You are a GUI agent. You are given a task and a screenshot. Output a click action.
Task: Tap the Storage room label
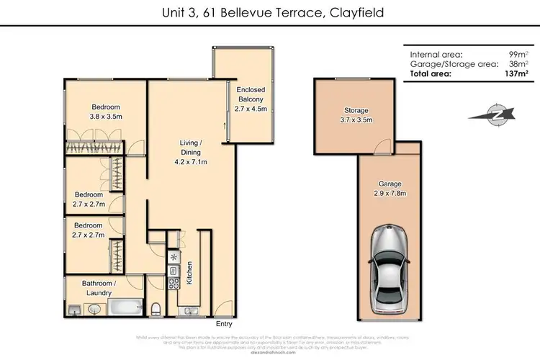coord(356,116)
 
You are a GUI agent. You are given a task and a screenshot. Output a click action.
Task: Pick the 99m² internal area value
coord(516,55)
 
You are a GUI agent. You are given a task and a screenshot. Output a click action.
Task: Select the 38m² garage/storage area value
coord(516,64)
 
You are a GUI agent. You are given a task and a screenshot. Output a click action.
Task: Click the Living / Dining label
coord(190,152)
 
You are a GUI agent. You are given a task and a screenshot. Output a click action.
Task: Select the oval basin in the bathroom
coord(95,310)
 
